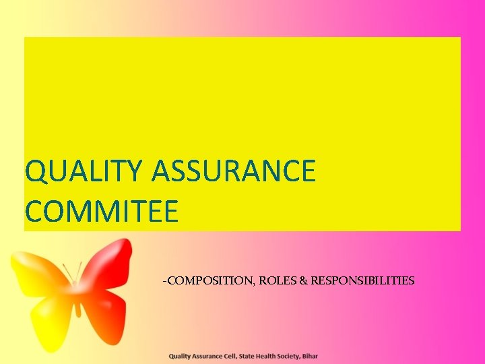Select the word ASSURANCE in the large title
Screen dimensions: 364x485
(x=234, y=172)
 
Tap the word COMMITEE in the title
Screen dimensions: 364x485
(x=102, y=211)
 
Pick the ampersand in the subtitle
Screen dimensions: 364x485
(x=303, y=280)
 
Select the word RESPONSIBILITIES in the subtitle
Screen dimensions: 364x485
(x=362, y=280)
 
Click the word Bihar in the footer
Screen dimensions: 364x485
(x=310, y=356)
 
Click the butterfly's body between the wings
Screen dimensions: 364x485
(x=77, y=297)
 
